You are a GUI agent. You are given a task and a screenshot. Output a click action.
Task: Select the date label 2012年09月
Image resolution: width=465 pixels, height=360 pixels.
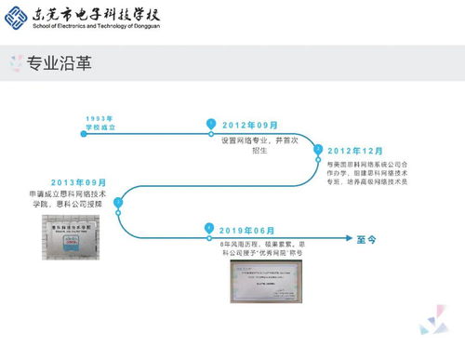pos(250,125)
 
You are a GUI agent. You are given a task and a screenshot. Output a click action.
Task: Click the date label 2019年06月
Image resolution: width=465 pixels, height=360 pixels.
pos(248,230)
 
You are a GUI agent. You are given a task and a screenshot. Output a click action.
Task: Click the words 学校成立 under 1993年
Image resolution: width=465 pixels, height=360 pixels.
pos(99,128)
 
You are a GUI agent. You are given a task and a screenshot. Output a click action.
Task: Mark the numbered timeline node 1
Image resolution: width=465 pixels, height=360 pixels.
pos(211,124)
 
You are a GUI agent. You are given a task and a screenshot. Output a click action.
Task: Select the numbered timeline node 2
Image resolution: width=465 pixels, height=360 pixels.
pos(318,149)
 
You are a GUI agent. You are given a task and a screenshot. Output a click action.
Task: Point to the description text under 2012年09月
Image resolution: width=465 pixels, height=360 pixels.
pos(246,145)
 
